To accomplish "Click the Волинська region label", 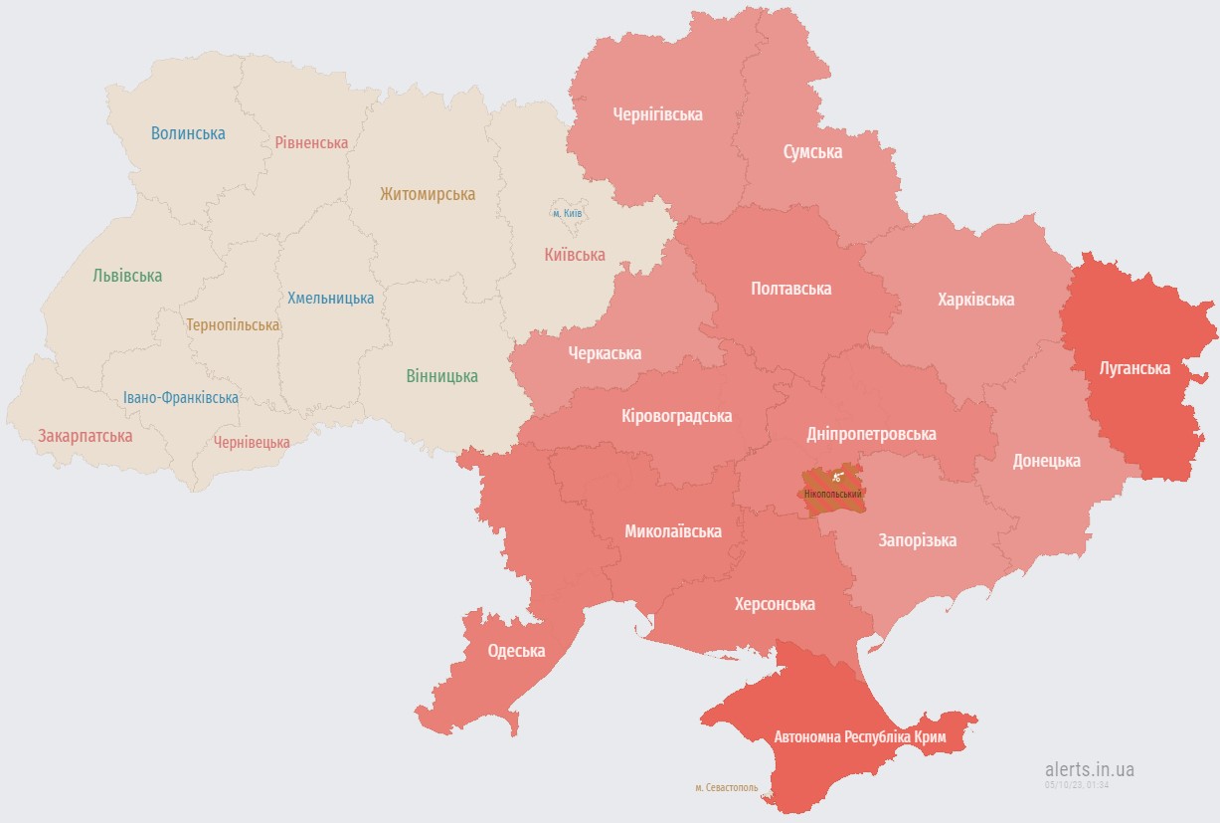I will [x=188, y=133].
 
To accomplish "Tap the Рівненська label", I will [x=311, y=142].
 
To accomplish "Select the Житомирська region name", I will [x=428, y=194].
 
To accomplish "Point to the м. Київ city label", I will [x=567, y=213].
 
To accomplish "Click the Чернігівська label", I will [x=657, y=114].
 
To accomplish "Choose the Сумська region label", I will [x=812, y=152].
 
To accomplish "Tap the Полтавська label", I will [x=790, y=289].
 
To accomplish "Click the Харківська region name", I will [x=975, y=300].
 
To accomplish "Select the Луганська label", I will [x=1134, y=368].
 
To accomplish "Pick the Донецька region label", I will [x=1046, y=461].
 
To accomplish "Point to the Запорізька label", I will [x=917, y=540].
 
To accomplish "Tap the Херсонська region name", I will [x=775, y=604].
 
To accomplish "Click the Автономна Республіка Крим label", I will [x=860, y=737].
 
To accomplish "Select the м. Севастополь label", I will [x=726, y=787].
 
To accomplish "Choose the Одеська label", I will [x=516, y=651].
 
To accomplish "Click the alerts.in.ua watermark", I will [x=1089, y=769].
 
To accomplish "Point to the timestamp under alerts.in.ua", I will [x=1076, y=785].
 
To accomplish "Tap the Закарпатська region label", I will [x=85, y=436].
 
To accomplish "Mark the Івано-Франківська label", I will [x=181, y=398].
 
